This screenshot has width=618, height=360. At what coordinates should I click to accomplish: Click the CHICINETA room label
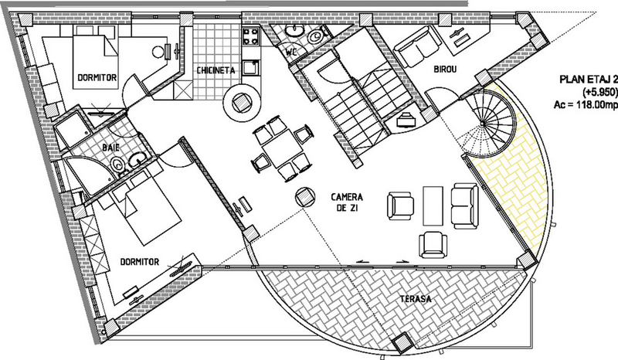coord(216,70)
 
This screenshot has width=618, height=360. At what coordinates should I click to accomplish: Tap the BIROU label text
coord(445,70)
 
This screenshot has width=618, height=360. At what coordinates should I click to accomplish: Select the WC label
coord(291,52)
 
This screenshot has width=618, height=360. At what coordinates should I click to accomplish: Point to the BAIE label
coord(110,148)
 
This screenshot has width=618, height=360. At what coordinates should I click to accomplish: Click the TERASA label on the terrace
coord(416,299)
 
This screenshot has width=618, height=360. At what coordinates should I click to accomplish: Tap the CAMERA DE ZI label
coord(347,202)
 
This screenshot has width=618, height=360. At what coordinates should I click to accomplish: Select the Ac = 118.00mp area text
coord(586,105)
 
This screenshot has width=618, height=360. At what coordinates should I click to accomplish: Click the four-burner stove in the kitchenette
coord(251,36)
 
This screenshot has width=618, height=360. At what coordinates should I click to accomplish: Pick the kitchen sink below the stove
coord(250,67)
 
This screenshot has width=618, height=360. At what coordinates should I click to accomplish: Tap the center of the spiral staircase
coord(482,124)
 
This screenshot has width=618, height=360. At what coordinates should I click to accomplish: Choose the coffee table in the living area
coord(433,205)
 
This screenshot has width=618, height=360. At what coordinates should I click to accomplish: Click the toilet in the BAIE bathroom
coord(117,165)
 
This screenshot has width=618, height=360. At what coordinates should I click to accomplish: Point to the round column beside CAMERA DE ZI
coord(304,198)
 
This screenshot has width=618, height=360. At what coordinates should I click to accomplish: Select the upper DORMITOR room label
coord(97,77)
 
